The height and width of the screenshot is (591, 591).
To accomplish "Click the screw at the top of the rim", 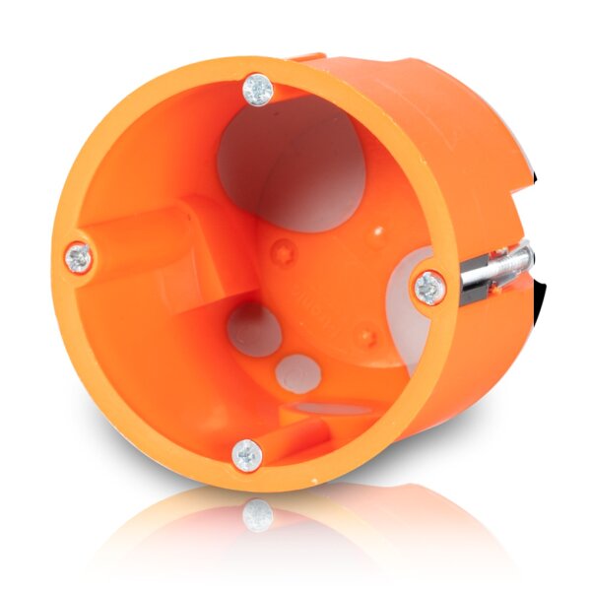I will tap(259, 90).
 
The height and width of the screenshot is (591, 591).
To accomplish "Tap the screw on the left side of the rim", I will tap(80, 259).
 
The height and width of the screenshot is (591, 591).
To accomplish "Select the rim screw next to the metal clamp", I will tap(429, 288).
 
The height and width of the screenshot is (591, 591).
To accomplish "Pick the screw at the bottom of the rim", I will tap(246, 455).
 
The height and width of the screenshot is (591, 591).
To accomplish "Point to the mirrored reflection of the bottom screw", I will tap(257, 514).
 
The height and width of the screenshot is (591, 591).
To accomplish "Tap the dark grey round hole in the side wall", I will tap(255, 329).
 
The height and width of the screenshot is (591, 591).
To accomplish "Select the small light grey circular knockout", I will tap(296, 374).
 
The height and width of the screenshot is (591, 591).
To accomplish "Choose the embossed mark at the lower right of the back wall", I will tap(366, 337).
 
